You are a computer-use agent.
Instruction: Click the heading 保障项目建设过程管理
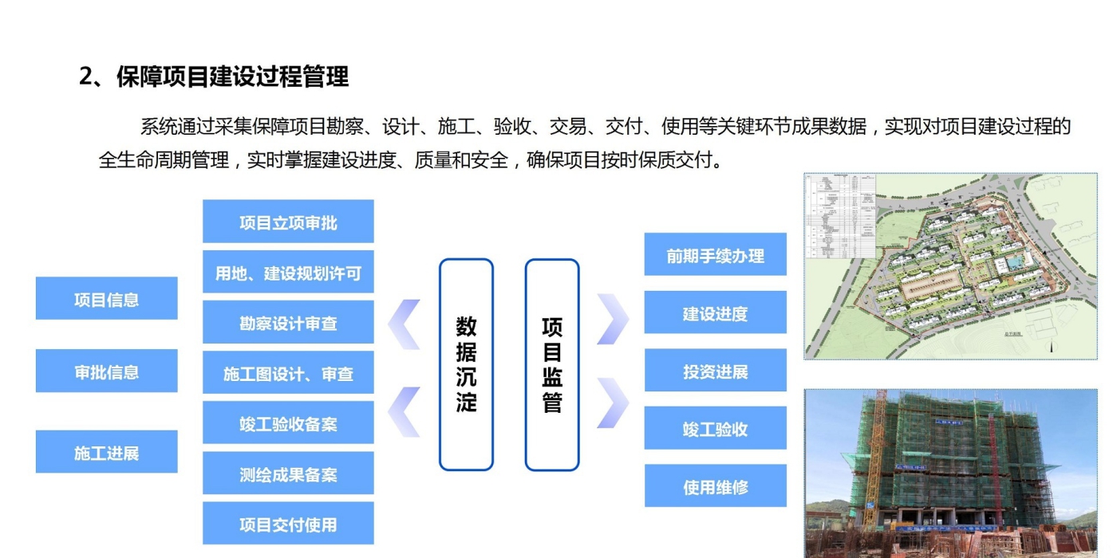(x=214, y=77)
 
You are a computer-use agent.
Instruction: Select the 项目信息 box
(x=106, y=299)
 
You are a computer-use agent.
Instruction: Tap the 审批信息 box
(x=106, y=371)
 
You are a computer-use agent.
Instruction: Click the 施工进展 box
(x=106, y=452)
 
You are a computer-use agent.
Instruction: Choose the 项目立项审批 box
(x=288, y=222)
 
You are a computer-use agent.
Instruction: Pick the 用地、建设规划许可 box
(x=288, y=273)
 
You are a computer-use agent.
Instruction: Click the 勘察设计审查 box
(x=288, y=323)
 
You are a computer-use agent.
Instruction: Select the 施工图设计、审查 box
(x=288, y=373)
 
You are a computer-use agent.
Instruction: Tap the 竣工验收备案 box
(x=288, y=423)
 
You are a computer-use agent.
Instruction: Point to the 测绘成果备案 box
(x=288, y=474)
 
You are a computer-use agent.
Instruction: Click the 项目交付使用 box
(x=288, y=524)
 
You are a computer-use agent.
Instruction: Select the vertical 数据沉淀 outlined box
(x=466, y=364)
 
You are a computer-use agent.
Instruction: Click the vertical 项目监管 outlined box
(x=552, y=364)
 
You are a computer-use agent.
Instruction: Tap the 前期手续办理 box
(x=715, y=255)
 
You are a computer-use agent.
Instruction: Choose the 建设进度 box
(x=715, y=312)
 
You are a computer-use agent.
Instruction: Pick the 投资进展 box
(x=715, y=371)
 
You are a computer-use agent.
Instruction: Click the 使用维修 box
(x=715, y=486)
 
